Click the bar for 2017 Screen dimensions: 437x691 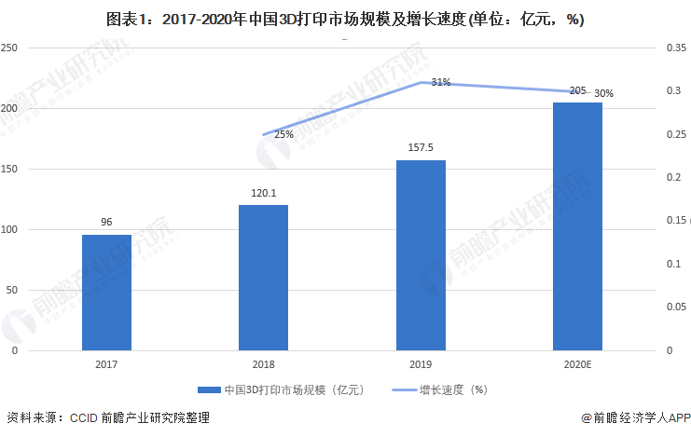pos(106,293)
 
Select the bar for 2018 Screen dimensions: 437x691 pos(263,278)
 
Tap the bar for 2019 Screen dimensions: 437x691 pos(421,255)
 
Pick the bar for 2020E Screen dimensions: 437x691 pos(577,226)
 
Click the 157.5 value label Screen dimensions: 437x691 pos(421,148)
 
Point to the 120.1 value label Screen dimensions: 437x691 pos(263,194)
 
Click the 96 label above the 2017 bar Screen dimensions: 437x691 pos(106,223)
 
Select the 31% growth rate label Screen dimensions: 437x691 pos(441,82)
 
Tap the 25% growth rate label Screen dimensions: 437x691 pos(283,134)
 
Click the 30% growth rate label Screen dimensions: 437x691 pos(603,93)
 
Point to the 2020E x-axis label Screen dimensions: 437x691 pos(577,366)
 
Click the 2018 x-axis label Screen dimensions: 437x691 pos(263,366)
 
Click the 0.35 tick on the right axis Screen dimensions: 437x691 pos(676,48)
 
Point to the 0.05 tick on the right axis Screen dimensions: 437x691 pos(676,307)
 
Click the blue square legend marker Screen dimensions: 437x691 pos(202,390)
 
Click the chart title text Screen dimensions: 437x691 pos(345,18)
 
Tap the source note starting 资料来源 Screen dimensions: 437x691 pos(107,418)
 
